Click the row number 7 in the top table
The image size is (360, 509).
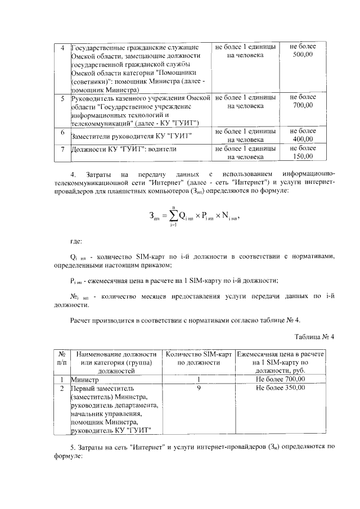[62, 149]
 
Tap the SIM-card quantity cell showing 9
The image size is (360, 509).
[199, 388]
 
